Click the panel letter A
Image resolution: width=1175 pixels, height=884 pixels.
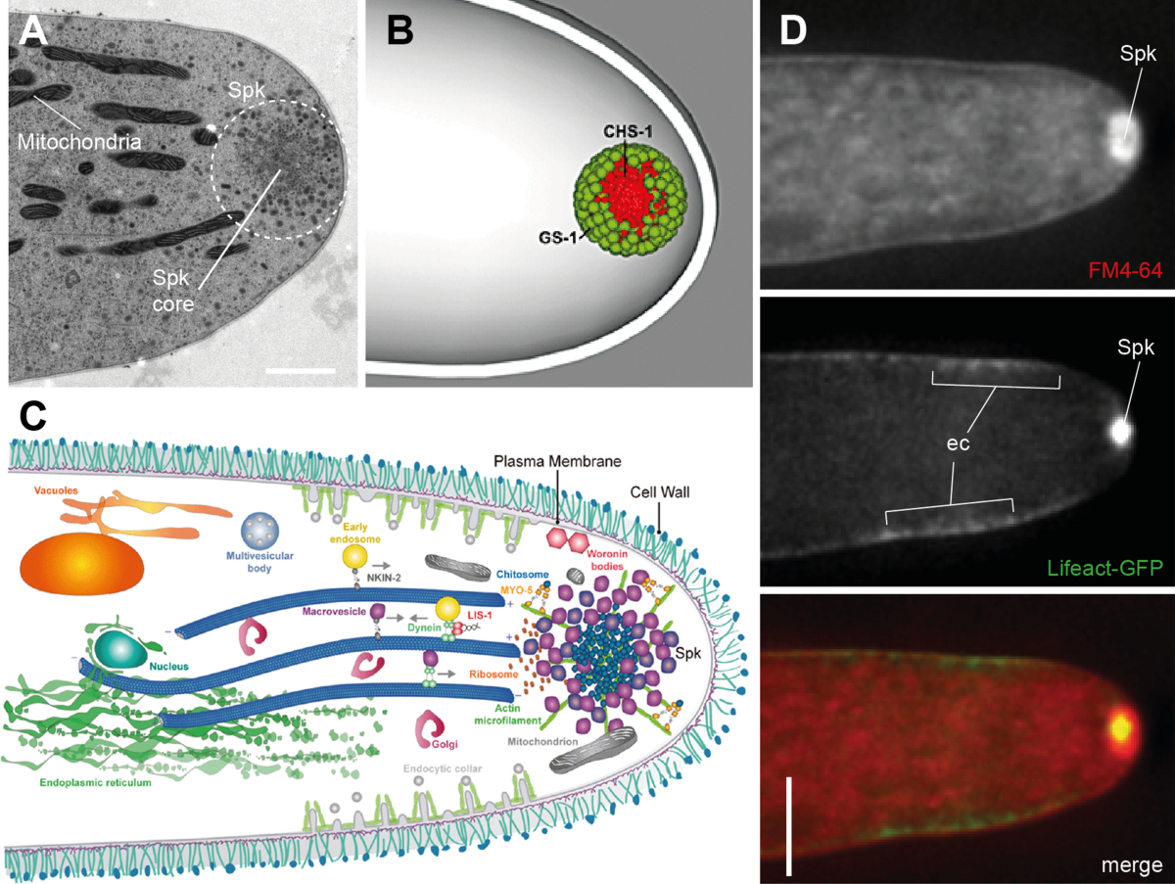[34, 33]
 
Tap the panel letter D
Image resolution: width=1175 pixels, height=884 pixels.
[792, 31]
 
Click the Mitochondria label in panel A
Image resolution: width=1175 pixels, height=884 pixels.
[79, 141]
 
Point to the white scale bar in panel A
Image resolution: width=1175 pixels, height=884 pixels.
[300, 371]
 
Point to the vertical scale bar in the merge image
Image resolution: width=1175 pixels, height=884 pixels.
[788, 826]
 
